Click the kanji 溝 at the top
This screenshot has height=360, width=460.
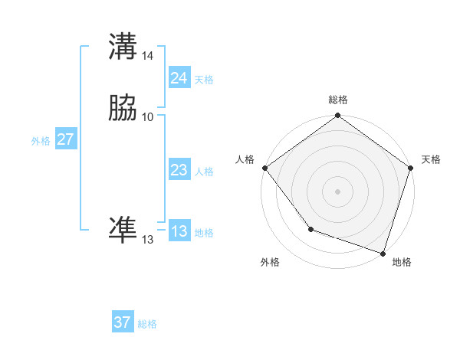pos(123,47)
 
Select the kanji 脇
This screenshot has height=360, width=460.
pos(123,109)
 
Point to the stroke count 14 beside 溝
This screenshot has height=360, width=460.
pos(148,56)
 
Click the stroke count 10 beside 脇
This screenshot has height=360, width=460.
pos(148,116)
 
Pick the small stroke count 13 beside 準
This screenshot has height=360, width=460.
pos(147,240)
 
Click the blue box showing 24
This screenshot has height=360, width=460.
pos(179,78)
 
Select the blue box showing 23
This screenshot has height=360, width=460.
pos(179,171)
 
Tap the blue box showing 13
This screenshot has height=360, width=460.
pos(179,232)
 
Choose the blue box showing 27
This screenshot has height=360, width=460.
pos(65,139)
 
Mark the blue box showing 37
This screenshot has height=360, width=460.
pos(123,322)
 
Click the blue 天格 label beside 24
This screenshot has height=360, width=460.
pos(204,80)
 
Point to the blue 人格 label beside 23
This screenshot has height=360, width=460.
pos(204,172)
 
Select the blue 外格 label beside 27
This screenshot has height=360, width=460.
pos(41,141)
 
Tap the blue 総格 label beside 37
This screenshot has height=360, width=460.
pos(147,324)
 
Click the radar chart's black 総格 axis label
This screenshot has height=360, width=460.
pos(338,100)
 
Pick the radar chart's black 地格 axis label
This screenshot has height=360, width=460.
pos(402,262)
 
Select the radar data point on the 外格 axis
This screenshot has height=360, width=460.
pos(310,228)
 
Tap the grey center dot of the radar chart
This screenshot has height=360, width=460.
pos(337,191)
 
